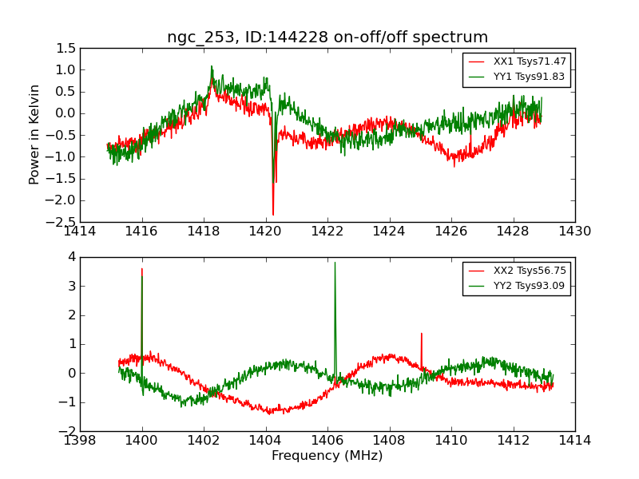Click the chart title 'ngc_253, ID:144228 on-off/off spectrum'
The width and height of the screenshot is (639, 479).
(x=327, y=38)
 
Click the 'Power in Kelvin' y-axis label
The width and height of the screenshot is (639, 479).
(x=34, y=134)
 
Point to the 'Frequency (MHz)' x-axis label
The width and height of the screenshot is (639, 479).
(x=327, y=456)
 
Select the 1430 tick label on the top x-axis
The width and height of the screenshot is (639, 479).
(x=574, y=232)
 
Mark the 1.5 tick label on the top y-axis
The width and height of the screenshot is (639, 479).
(x=67, y=49)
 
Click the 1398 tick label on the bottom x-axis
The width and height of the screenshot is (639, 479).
(x=81, y=440)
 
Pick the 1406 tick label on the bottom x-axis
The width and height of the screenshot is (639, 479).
(x=327, y=440)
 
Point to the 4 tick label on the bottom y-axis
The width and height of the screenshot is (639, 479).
(x=71, y=257)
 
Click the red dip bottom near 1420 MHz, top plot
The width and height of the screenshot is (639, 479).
(x=273, y=214)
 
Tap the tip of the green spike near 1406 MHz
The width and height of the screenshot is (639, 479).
(x=335, y=263)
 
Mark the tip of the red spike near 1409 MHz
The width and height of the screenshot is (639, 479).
(x=422, y=334)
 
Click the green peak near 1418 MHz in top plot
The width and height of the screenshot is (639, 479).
(x=212, y=67)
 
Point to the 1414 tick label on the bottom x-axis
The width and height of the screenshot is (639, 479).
(x=574, y=440)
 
